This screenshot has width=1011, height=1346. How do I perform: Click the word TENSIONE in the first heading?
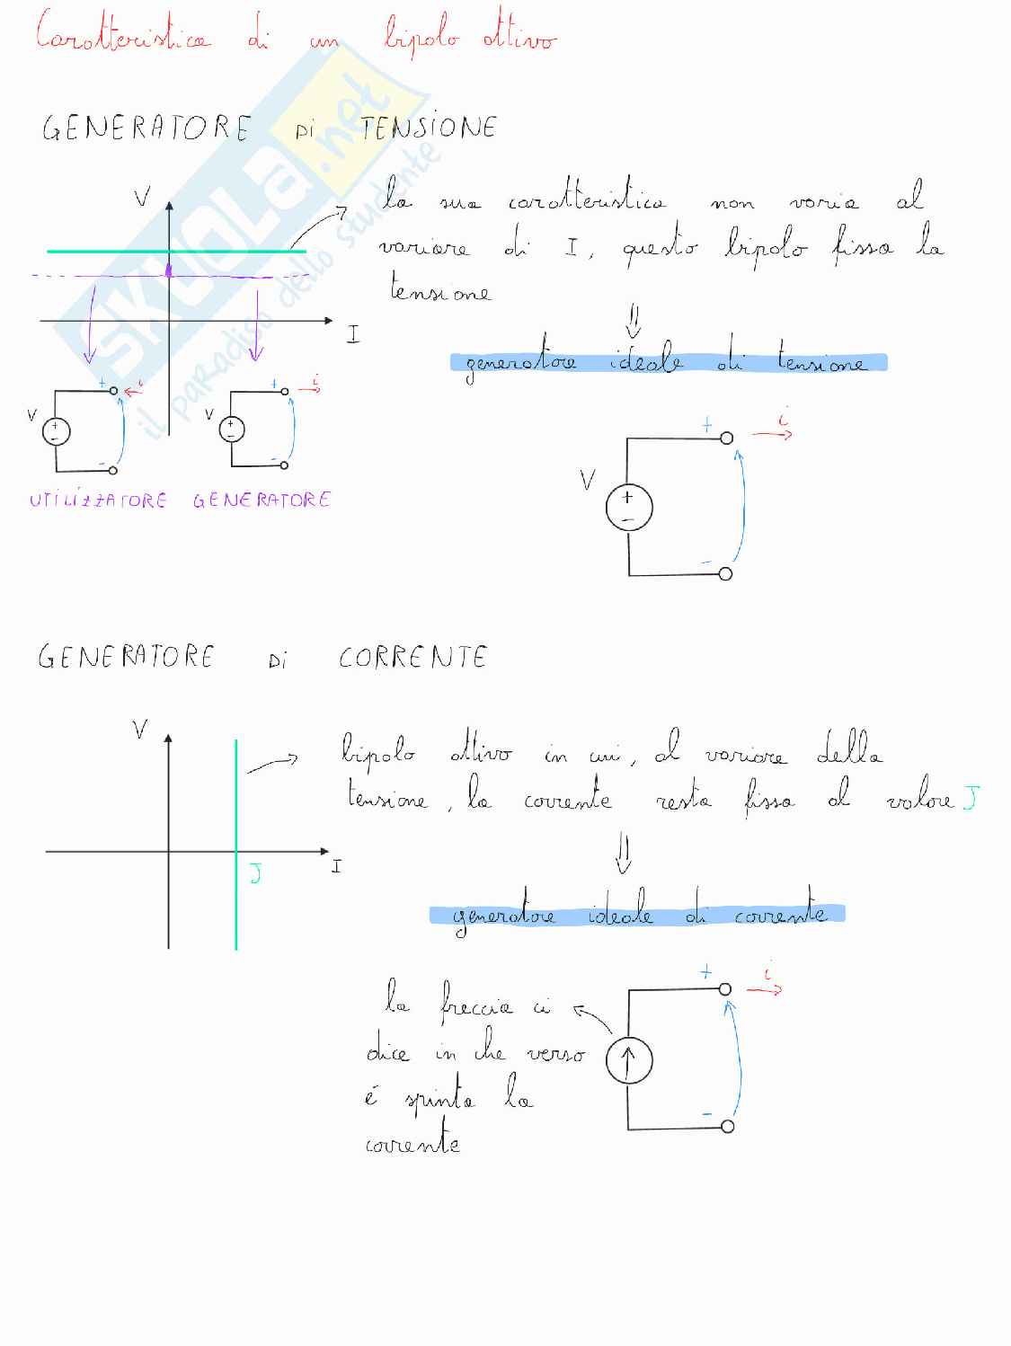[x=429, y=128]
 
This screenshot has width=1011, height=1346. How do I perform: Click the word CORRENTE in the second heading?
[x=412, y=658]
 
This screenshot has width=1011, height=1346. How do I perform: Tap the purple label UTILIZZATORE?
[x=98, y=500]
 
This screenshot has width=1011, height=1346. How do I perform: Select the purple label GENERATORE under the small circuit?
[x=262, y=500]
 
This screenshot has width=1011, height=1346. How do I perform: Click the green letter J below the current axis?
[x=255, y=873]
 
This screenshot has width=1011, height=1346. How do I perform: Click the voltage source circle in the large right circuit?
[x=628, y=509]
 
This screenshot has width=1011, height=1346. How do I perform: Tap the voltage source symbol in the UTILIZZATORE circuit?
[x=56, y=431]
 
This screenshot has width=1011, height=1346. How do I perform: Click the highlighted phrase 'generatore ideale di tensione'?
[x=668, y=363]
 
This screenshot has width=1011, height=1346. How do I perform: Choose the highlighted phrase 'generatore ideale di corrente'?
[x=637, y=915]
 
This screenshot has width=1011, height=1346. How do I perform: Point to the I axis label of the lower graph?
[x=336, y=867]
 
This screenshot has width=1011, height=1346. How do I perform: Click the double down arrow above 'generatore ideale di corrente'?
[x=623, y=855]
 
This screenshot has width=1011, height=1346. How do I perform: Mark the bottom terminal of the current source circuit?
[x=727, y=1126]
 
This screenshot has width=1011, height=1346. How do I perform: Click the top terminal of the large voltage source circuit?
[x=726, y=438]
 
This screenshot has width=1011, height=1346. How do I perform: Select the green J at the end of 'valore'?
[x=969, y=797]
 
